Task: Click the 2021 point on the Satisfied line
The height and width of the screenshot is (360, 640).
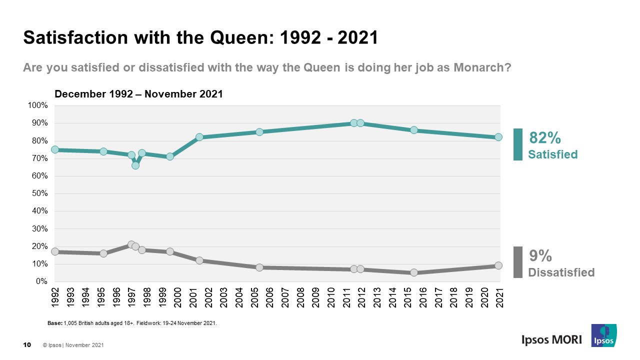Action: (x=498, y=137)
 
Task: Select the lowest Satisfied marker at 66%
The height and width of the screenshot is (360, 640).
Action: (x=135, y=165)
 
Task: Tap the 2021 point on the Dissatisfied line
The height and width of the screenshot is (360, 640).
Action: (x=498, y=265)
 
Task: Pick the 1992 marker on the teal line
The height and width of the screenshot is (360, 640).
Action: (x=55, y=149)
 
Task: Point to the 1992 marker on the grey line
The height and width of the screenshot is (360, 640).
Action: (x=55, y=251)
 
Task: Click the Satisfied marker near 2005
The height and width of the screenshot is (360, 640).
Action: (x=259, y=132)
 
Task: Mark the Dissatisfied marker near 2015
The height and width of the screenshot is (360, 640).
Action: (x=414, y=272)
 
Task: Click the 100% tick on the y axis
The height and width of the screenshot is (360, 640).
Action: (x=38, y=105)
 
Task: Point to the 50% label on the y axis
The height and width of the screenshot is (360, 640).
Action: (x=39, y=193)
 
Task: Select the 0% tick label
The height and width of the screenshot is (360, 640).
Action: (x=41, y=281)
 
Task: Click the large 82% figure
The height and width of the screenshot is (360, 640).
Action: (x=544, y=138)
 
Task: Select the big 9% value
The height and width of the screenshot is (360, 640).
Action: (x=540, y=256)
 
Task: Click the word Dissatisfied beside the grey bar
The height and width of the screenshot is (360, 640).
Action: (x=561, y=272)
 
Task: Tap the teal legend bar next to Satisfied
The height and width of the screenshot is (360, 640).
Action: (x=518, y=144)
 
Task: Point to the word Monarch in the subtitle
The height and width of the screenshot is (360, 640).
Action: (x=480, y=67)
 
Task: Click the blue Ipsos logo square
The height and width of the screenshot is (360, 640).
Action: (x=603, y=335)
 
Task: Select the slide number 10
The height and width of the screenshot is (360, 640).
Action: (x=27, y=344)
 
